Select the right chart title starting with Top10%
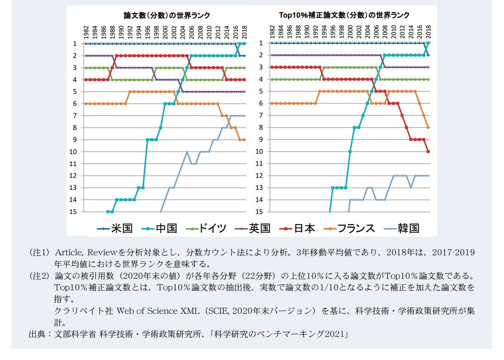[345, 15]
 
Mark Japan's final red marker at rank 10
[428, 152]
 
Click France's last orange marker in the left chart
[245, 139]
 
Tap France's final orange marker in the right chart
[428, 127]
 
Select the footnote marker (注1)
[39, 252]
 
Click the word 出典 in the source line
[37, 334]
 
